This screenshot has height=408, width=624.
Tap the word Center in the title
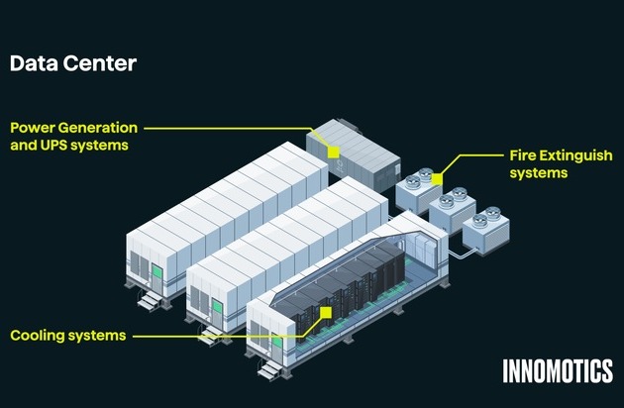(97, 64)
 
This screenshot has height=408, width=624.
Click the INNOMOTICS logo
(557, 371)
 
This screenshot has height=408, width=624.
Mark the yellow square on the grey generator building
(334, 153)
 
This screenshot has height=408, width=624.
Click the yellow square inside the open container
(325, 313)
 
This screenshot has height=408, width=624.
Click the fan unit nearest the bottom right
(483, 231)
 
